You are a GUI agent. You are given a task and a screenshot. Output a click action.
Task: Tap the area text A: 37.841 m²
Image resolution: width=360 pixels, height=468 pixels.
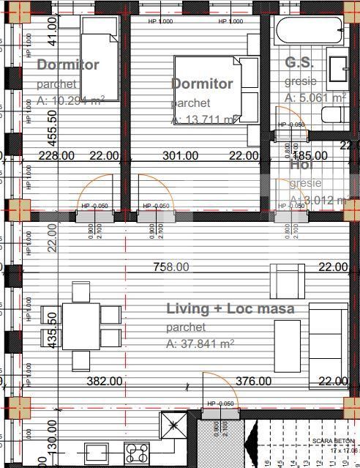[200, 343]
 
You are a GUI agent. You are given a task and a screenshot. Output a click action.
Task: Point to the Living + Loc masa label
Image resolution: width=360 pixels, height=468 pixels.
[230, 308]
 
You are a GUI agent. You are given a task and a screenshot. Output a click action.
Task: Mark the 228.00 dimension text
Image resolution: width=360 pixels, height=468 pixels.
[56, 155]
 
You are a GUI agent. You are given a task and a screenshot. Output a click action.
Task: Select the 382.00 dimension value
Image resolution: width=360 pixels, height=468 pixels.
[105, 381]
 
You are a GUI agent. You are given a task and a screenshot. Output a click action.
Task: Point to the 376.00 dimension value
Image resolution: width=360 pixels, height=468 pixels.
[253, 381]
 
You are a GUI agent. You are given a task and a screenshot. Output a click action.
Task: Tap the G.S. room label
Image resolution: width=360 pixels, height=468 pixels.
[299, 62]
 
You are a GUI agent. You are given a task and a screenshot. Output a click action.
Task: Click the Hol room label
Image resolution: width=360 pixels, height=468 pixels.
[301, 165]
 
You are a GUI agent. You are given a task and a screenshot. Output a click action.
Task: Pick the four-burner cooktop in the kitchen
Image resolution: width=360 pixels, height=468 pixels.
[136, 450]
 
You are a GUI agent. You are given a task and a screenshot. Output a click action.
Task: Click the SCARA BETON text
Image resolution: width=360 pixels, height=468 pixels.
[332, 441]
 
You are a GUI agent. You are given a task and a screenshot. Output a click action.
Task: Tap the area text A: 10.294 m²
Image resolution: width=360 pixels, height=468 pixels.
[70, 100]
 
